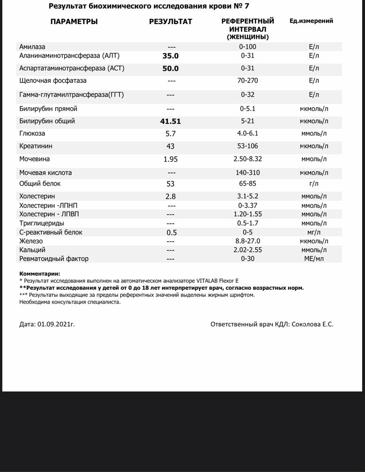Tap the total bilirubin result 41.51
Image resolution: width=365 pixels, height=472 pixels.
pyautogui.click(x=171, y=121)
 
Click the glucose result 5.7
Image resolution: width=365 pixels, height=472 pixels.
pyautogui.click(x=171, y=134)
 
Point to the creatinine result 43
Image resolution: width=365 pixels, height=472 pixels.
pyautogui.click(x=171, y=146)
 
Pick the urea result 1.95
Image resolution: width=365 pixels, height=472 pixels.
pyautogui.click(x=171, y=160)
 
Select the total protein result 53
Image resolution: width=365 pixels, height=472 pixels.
pyautogui.click(x=171, y=184)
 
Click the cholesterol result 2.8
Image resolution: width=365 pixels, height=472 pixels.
pyautogui.click(x=171, y=196)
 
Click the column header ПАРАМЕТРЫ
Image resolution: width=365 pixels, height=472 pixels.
pyautogui.click(x=74, y=22)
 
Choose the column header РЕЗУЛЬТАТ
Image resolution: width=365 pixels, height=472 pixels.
pyautogui.click(x=171, y=22)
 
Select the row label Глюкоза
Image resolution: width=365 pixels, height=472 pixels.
pyautogui.click(x=33, y=134)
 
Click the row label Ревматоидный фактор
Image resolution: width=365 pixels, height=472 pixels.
pyautogui.click(x=54, y=259)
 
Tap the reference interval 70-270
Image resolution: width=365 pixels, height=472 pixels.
pyautogui.click(x=248, y=81)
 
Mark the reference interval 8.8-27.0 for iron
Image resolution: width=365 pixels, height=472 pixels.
pyautogui.click(x=248, y=241)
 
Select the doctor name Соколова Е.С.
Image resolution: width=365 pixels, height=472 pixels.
pyautogui.click(x=313, y=325)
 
